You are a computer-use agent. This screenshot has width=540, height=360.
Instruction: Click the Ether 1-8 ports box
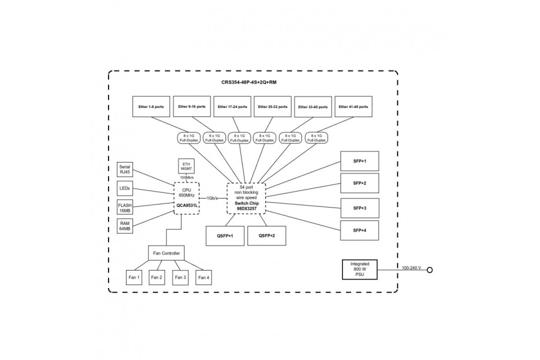click(151, 107)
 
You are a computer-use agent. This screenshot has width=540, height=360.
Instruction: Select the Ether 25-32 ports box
click(272, 107)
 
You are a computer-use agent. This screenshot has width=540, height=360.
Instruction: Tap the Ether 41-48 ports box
click(353, 107)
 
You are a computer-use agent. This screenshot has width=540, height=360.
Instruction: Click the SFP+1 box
click(360, 161)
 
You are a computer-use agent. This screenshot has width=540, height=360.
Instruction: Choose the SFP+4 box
click(360, 231)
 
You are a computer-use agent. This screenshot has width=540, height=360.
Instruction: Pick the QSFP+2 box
click(267, 236)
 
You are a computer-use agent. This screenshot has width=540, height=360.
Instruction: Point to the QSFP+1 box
click(225, 236)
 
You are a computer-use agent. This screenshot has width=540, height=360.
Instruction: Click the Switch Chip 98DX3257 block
click(246, 198)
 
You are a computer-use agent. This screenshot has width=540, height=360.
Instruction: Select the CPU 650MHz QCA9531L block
click(187, 198)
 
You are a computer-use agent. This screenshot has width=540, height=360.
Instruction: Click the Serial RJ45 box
click(125, 169)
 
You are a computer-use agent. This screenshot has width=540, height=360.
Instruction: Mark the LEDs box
click(125, 188)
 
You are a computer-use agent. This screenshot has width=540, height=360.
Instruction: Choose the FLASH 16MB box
click(125, 207)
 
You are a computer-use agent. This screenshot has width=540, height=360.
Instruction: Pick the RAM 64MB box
click(125, 226)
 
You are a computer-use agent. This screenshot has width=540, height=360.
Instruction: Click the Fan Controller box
click(166, 253)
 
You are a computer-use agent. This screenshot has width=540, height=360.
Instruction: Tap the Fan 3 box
click(180, 278)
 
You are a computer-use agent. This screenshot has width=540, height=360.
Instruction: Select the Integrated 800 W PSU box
click(360, 270)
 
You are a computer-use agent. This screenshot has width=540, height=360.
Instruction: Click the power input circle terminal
click(430, 270)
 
